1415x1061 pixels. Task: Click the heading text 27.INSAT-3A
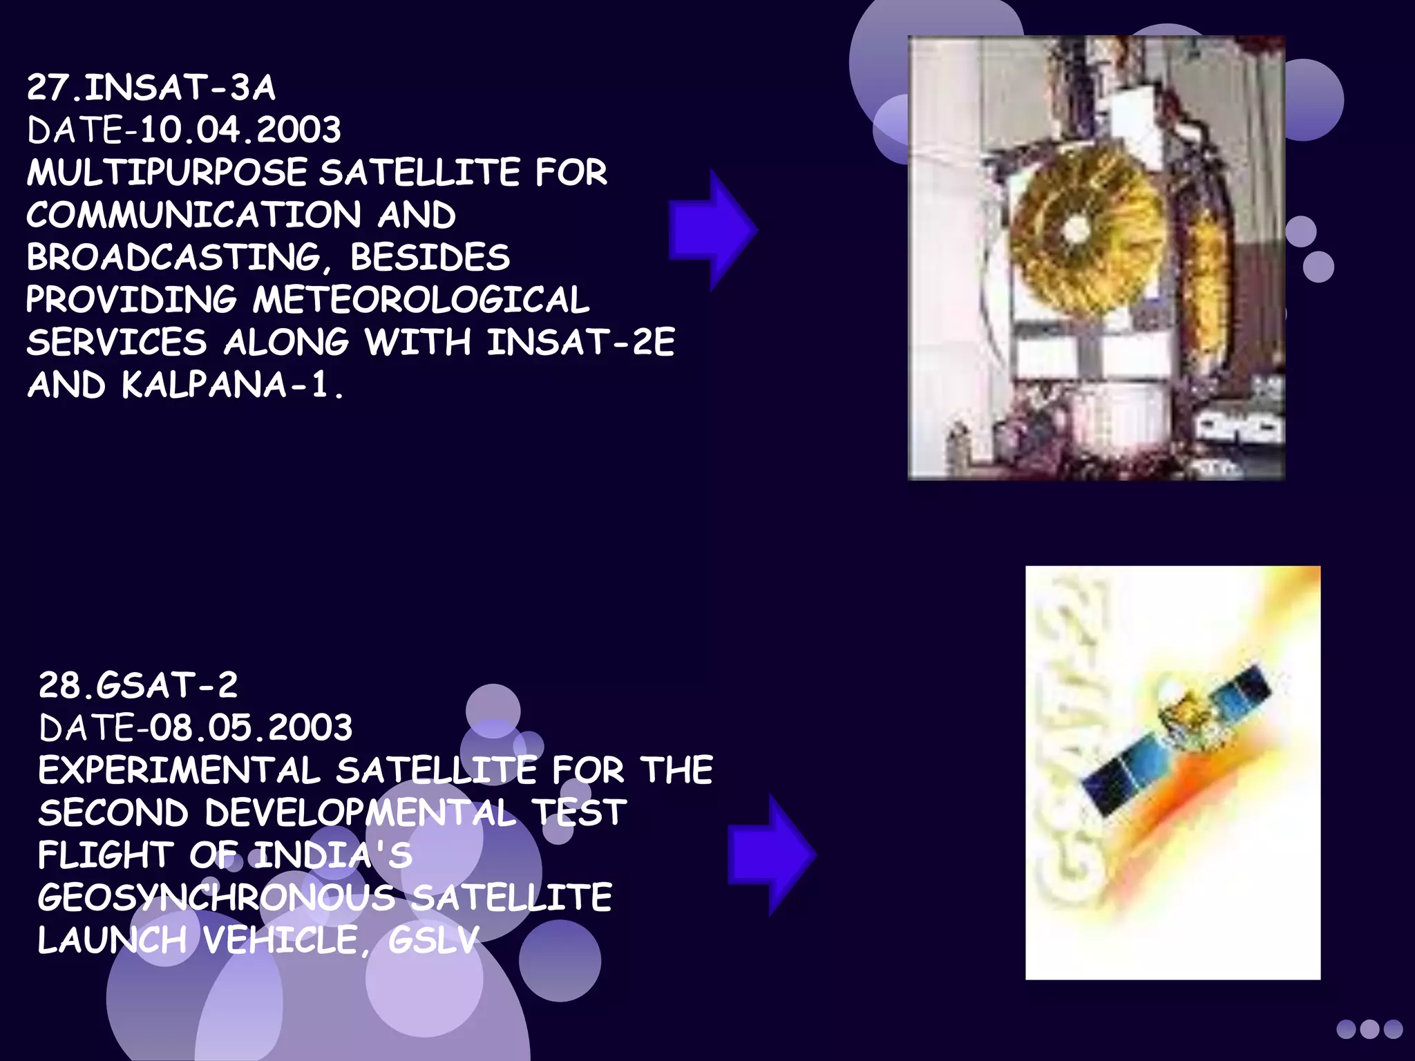(x=151, y=88)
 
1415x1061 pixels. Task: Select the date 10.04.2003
(x=240, y=131)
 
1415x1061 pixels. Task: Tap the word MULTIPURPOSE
(x=167, y=173)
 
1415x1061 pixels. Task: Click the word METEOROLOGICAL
(x=421, y=300)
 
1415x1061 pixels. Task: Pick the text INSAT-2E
(x=580, y=343)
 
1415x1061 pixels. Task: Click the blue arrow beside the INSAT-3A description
(x=712, y=230)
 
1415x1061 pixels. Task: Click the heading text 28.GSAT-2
(x=138, y=685)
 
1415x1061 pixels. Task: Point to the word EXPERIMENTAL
(x=179, y=771)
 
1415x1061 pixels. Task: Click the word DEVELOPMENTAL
(x=360, y=813)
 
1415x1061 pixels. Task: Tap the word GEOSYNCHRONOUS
(x=216, y=898)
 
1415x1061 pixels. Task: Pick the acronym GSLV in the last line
(x=433, y=940)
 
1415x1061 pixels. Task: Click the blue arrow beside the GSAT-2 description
(x=771, y=854)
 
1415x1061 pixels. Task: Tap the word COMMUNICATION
(x=193, y=216)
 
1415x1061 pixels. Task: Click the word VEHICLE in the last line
(x=281, y=940)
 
